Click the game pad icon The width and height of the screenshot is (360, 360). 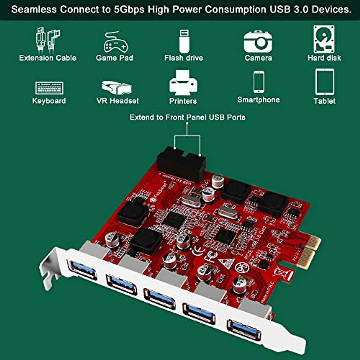click(115, 42)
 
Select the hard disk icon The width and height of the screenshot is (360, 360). click(324, 39)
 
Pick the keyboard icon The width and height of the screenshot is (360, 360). click(49, 88)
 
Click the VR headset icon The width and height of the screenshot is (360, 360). click(117, 87)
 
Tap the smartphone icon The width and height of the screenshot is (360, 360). click(259, 82)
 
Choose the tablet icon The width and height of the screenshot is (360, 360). click(325, 82)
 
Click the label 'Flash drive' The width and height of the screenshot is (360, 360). click(184, 58)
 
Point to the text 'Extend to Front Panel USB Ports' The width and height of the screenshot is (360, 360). click(187, 117)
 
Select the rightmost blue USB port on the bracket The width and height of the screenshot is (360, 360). click(244, 330)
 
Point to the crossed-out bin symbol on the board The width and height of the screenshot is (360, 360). click(280, 273)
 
